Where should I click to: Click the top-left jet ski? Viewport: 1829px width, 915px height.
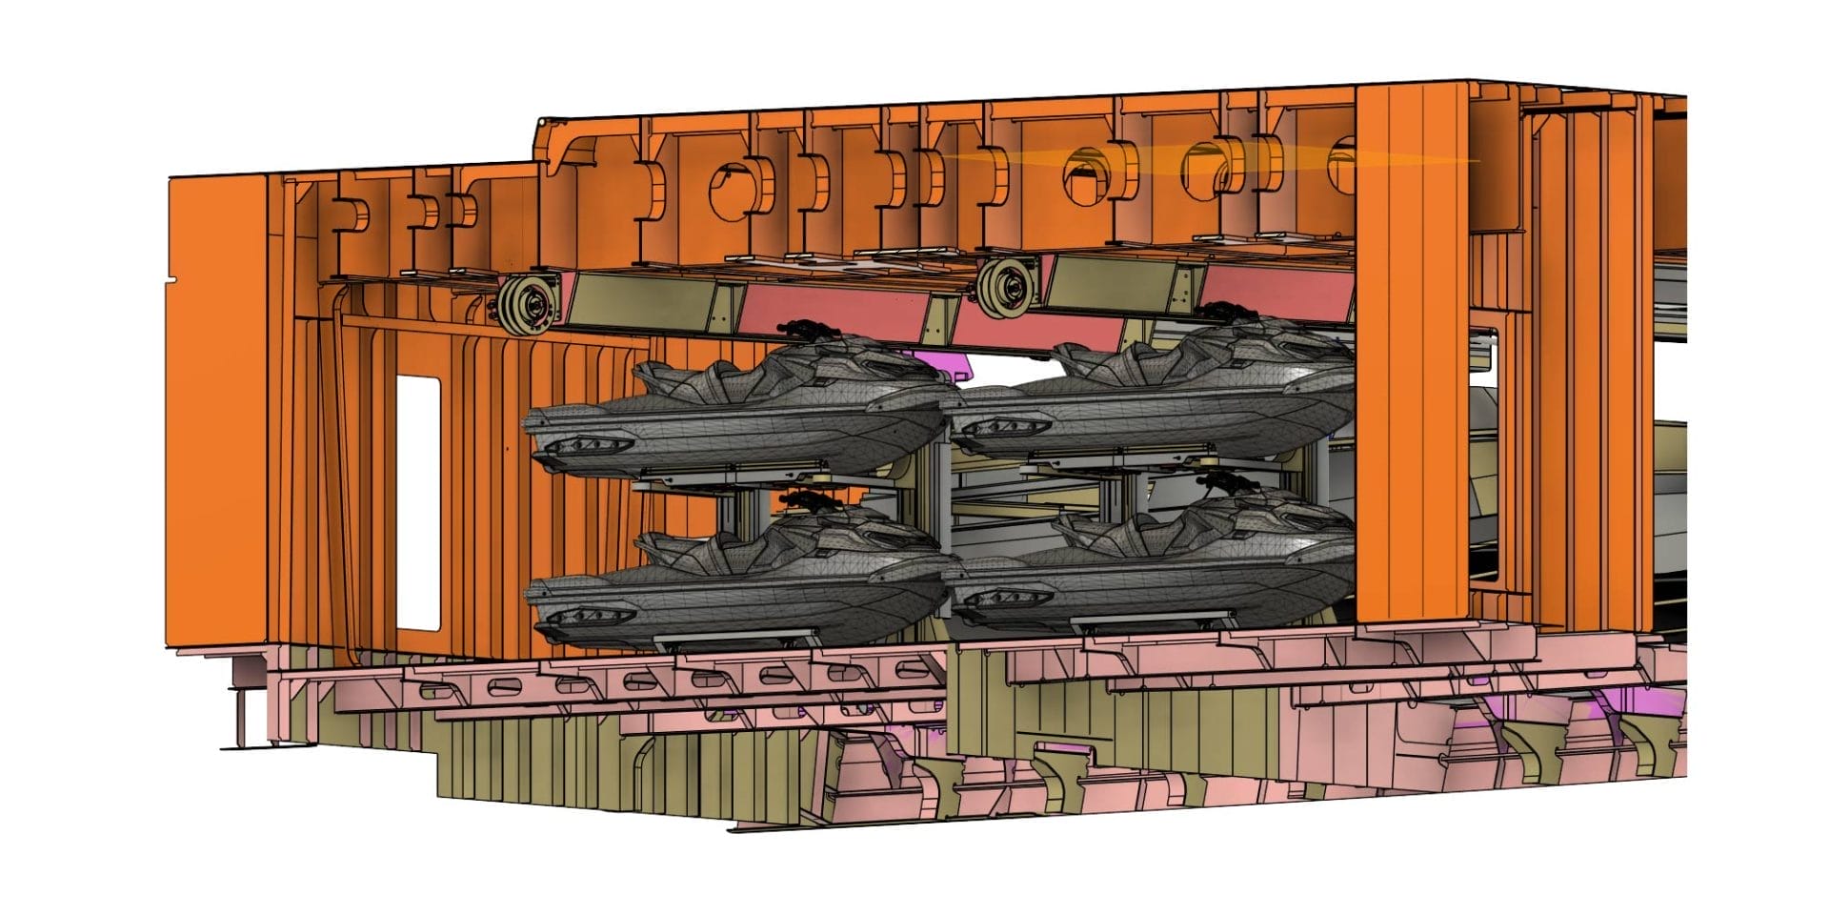click(x=743, y=410)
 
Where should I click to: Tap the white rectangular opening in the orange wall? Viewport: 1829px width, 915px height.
click(x=417, y=502)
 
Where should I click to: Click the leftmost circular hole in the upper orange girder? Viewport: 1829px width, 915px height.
click(x=729, y=187)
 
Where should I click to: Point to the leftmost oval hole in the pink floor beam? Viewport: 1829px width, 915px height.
click(x=498, y=685)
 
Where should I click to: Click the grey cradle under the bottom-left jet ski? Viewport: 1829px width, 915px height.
click(x=734, y=640)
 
